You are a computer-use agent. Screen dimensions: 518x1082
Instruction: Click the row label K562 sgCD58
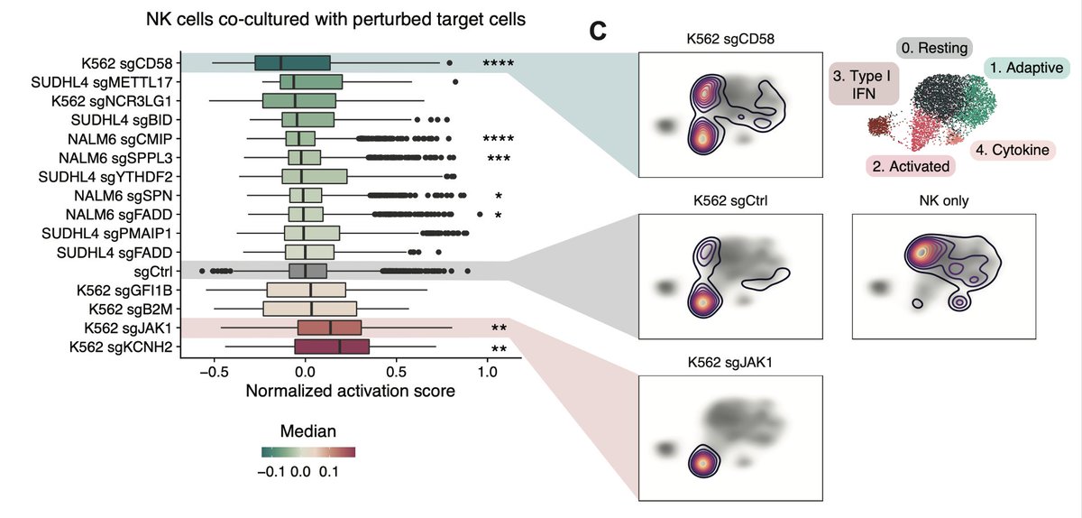[127, 63]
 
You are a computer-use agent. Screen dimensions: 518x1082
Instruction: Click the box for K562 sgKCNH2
[331, 347]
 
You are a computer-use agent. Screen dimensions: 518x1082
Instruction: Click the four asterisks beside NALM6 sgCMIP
[497, 139]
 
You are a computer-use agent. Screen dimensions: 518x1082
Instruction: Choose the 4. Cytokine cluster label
[1013, 150]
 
